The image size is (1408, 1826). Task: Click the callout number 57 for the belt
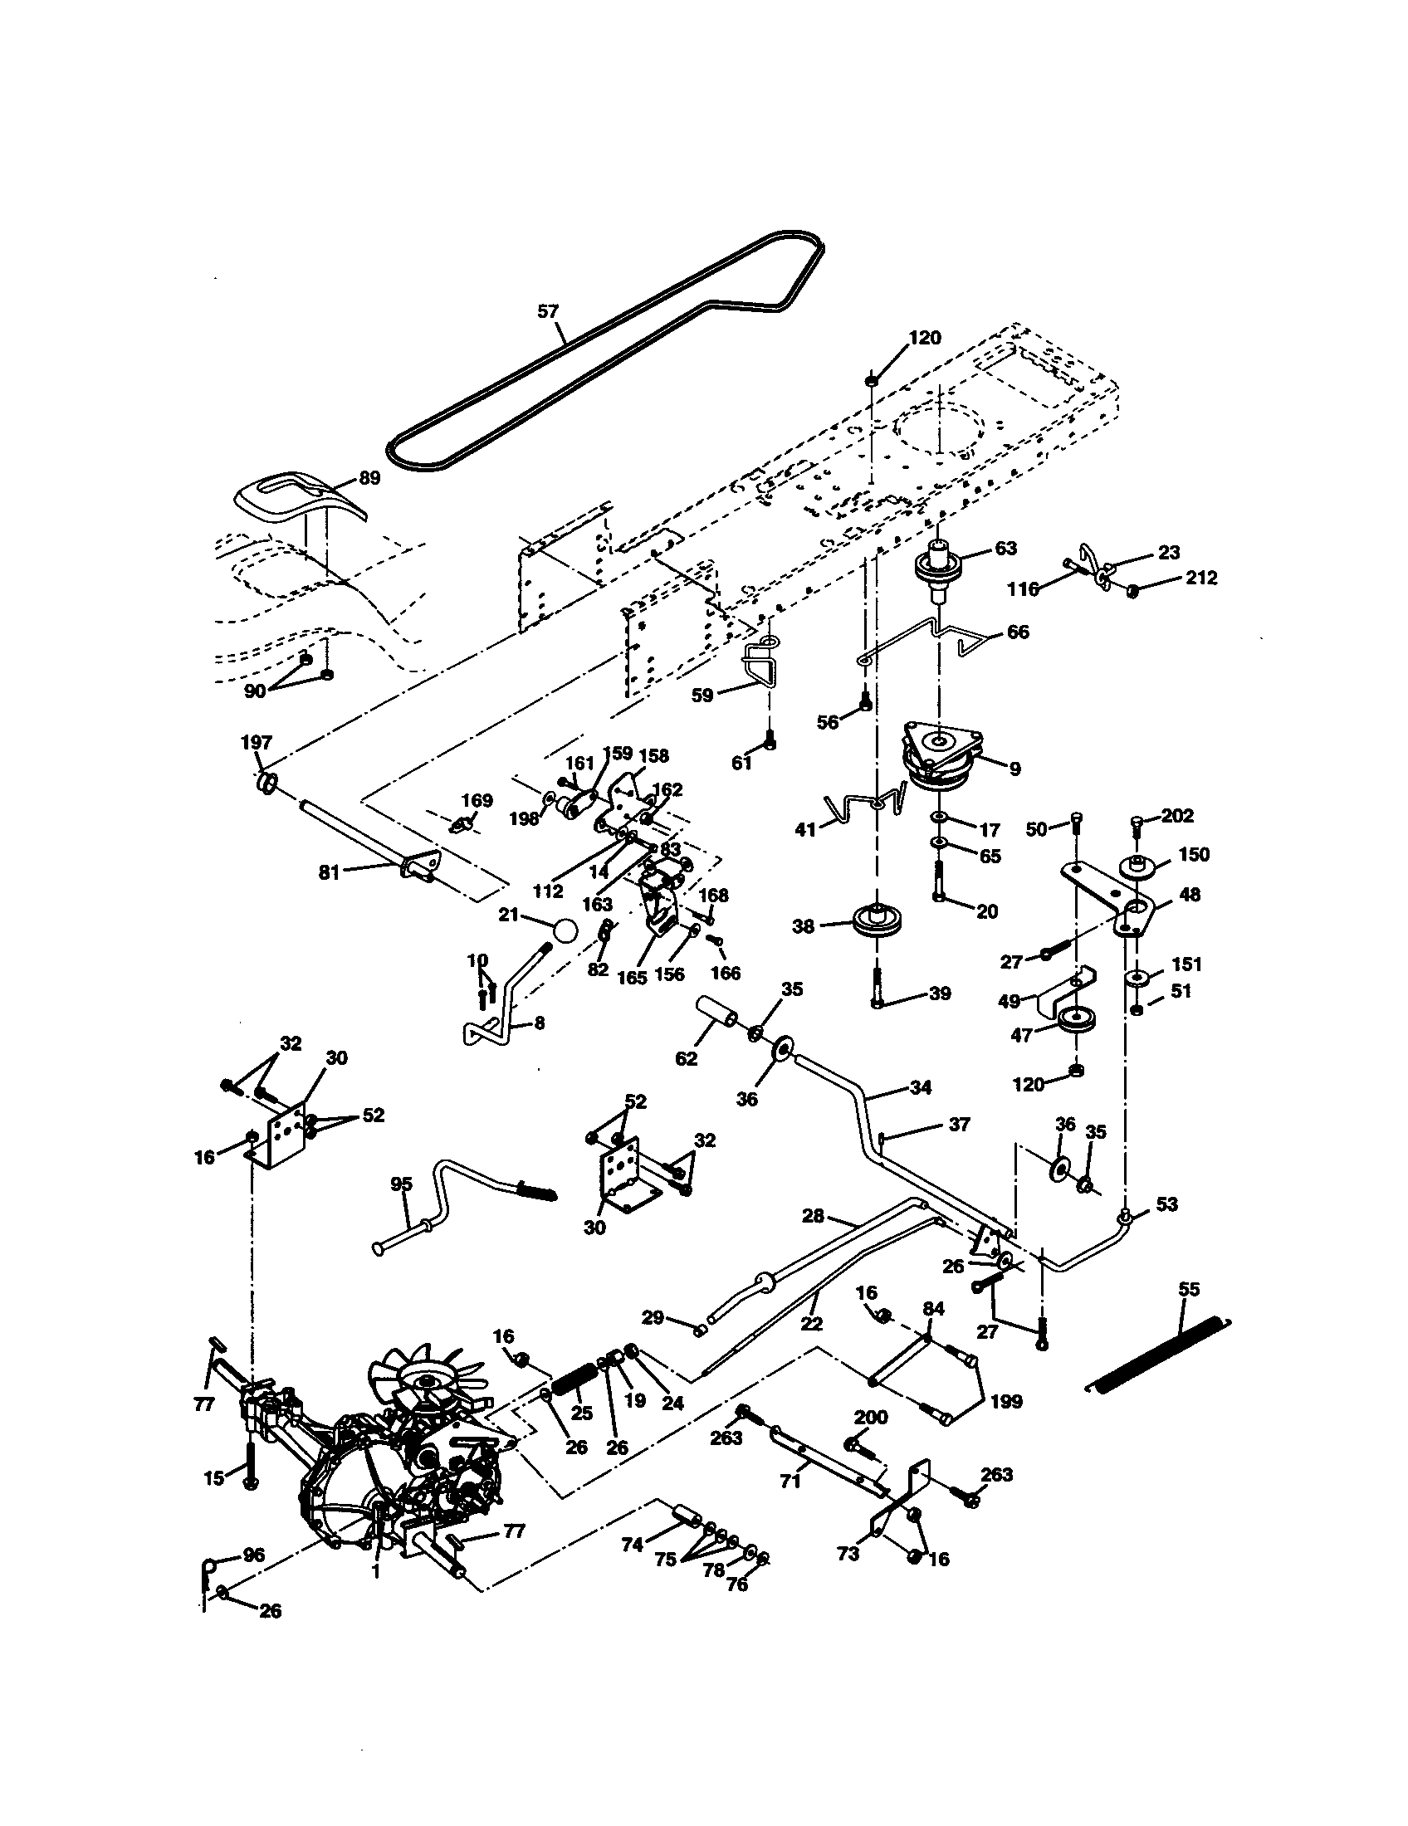(547, 311)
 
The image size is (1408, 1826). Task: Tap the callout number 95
(402, 1184)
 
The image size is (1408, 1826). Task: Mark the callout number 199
(1006, 1401)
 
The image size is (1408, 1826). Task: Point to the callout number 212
(1201, 578)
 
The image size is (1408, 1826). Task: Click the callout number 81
(330, 872)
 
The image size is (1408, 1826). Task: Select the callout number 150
(1194, 854)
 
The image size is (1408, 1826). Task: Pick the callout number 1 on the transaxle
(375, 1573)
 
